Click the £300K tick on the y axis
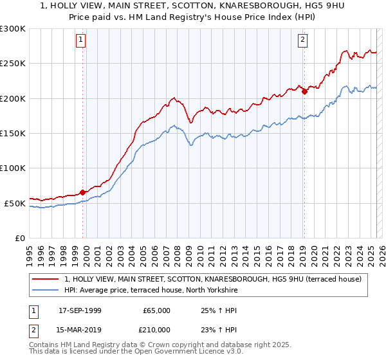coord(13,29)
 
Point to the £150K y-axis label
coord(13,133)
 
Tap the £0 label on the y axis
coord(21,238)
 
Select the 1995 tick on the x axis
coord(30,249)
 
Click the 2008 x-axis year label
coord(175,249)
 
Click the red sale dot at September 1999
coord(82,192)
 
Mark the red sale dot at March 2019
coord(304,91)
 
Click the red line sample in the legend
coord(46,279)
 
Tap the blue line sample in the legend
coord(46,291)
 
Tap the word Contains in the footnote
coord(46,345)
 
